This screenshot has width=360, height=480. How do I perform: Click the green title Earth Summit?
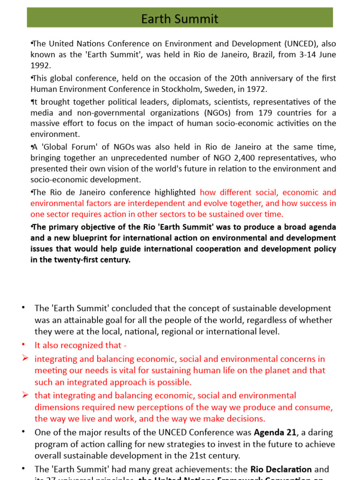click(180, 19)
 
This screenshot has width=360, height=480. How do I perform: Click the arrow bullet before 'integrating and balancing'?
click(25, 359)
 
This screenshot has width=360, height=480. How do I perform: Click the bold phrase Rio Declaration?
click(281, 469)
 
